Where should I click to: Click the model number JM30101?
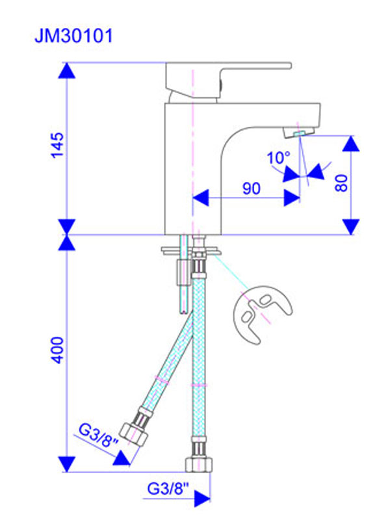[73, 36]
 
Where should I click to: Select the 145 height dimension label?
[57, 144]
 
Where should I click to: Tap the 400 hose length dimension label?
[57, 350]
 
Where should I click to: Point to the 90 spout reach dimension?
[251, 188]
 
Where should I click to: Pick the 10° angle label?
[278, 157]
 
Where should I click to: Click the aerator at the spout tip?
[300, 133]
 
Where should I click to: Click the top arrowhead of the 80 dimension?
[351, 144]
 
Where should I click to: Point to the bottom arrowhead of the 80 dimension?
[351, 226]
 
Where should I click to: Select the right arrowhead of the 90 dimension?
[291, 197]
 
